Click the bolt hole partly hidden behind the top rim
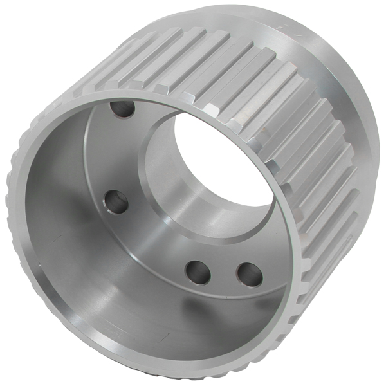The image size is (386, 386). coord(122,109)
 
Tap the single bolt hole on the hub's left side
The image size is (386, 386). coord(116,201)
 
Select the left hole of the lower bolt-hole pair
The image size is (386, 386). coord(198,271)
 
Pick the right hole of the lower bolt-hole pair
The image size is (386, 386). coord(248,275)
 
